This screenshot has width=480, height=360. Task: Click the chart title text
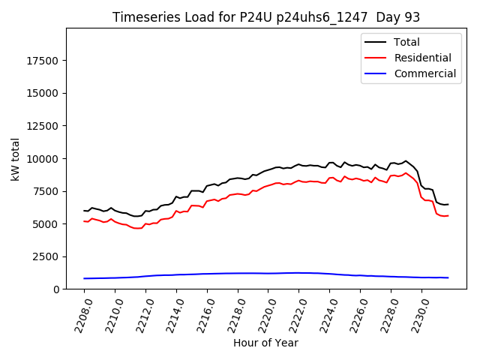(x=266, y=17)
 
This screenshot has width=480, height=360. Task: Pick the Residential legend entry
(x=422, y=58)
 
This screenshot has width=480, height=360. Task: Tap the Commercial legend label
(x=424, y=73)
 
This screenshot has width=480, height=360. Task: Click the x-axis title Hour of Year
(x=265, y=343)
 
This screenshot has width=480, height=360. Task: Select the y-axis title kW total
(x=16, y=158)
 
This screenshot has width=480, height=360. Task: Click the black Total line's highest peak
(x=406, y=161)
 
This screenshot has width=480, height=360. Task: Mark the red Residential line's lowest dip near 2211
(x=136, y=228)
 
